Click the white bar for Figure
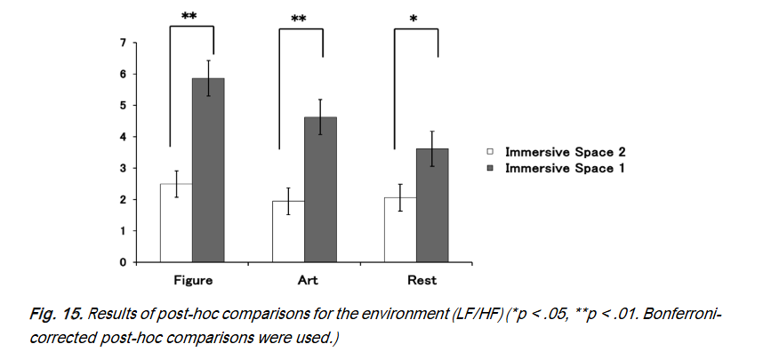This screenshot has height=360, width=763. (176, 228)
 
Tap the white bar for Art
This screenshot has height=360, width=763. (288, 233)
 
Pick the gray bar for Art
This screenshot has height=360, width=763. (320, 191)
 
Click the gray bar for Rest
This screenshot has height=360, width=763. (432, 206)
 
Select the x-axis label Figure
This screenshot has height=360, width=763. (192, 281)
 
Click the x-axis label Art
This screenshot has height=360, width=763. (304, 281)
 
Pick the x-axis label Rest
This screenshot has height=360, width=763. (416, 281)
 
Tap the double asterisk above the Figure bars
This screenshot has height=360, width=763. (189, 16)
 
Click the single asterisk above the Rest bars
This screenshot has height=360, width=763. (415, 19)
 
